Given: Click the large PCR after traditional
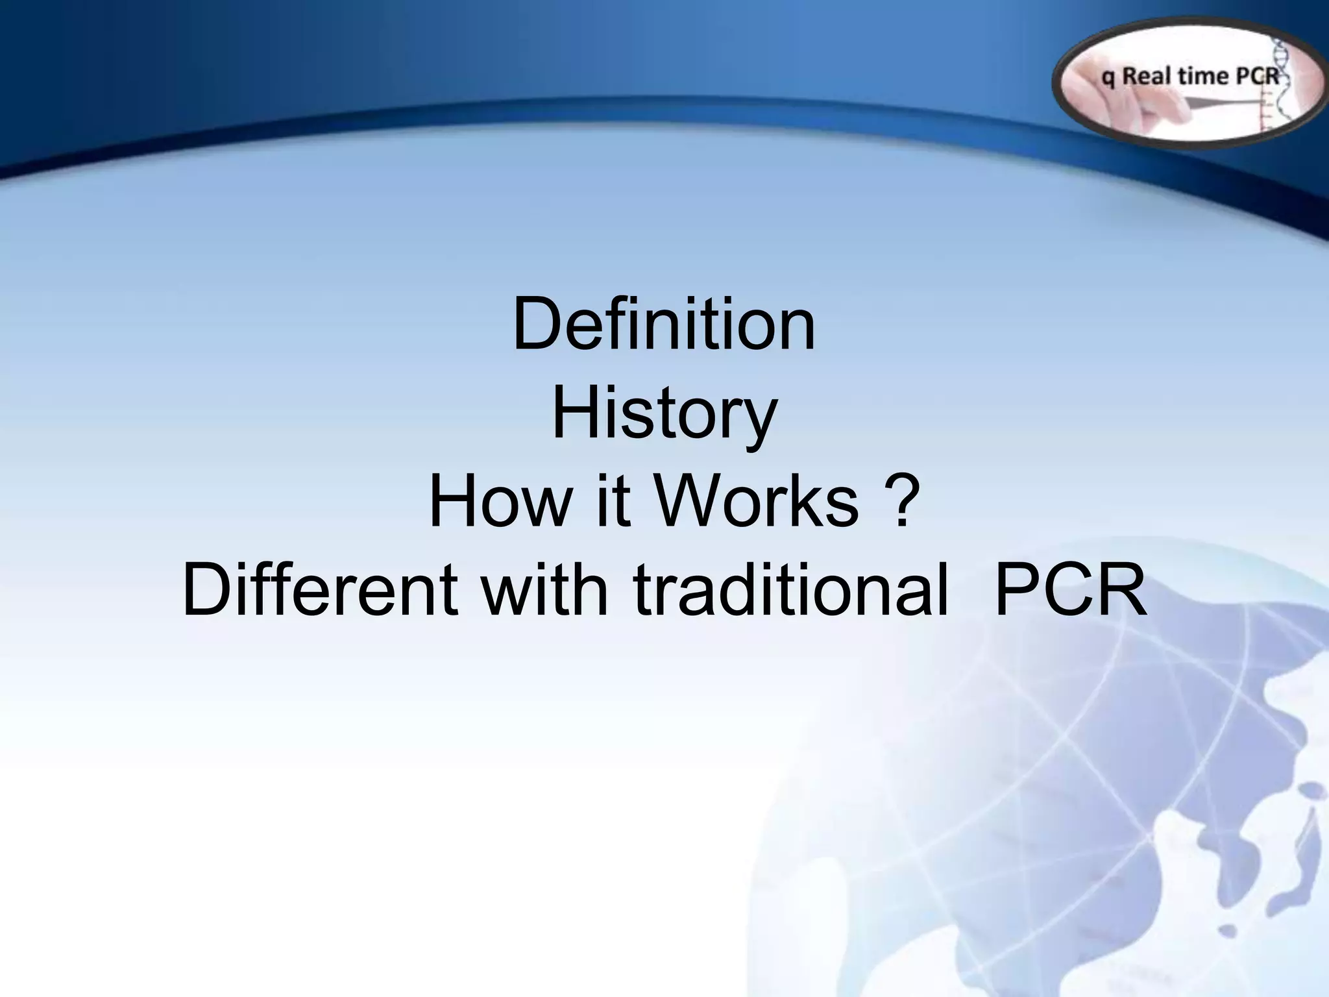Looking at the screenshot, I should pos(1071,591).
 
